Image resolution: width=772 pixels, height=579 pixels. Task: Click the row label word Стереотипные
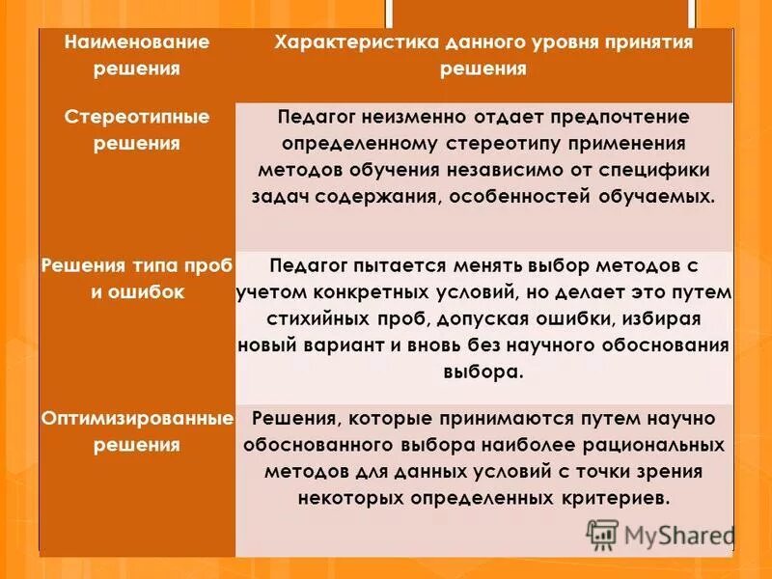click(x=136, y=118)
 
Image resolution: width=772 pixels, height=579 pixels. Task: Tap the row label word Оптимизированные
click(x=136, y=420)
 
